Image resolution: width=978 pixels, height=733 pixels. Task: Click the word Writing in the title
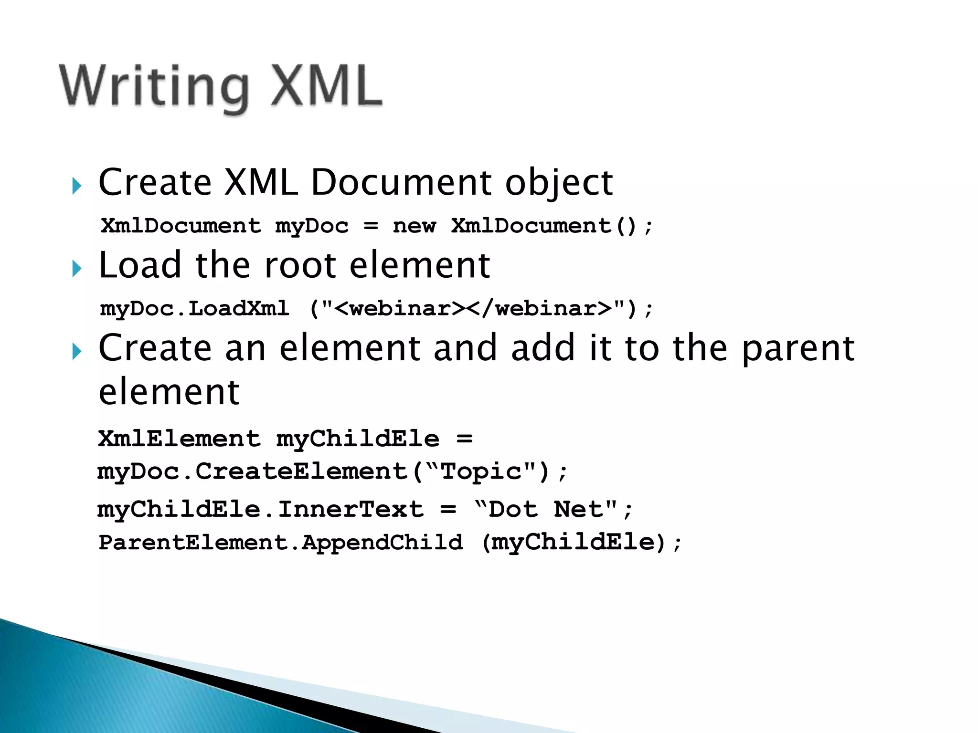tap(154, 87)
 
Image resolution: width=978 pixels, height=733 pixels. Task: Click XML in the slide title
tap(327, 86)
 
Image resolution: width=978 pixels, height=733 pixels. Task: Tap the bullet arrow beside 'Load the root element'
tap(76, 269)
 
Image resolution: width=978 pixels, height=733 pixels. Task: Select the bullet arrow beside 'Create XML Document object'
tap(76, 186)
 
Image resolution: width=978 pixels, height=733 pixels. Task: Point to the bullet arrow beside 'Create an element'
tap(76, 352)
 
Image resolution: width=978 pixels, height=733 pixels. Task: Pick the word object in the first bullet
tap(559, 183)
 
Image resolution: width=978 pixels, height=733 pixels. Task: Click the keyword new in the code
tap(414, 226)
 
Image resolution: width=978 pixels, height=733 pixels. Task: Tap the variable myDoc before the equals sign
tap(311, 226)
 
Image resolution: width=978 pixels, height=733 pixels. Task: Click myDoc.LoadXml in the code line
tap(194, 308)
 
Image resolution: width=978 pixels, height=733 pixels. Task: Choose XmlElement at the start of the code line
tap(180, 439)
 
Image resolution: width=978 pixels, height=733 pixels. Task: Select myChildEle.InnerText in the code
tap(260, 509)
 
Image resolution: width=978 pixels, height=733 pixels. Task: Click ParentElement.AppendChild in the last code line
tap(281, 543)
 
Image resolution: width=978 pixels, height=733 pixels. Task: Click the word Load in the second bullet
tap(140, 265)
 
